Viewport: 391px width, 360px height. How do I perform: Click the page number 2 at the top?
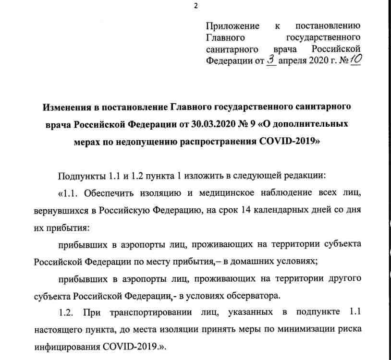195,6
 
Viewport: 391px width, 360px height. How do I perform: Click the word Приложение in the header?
232,26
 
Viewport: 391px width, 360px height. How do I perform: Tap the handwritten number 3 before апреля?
271,60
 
